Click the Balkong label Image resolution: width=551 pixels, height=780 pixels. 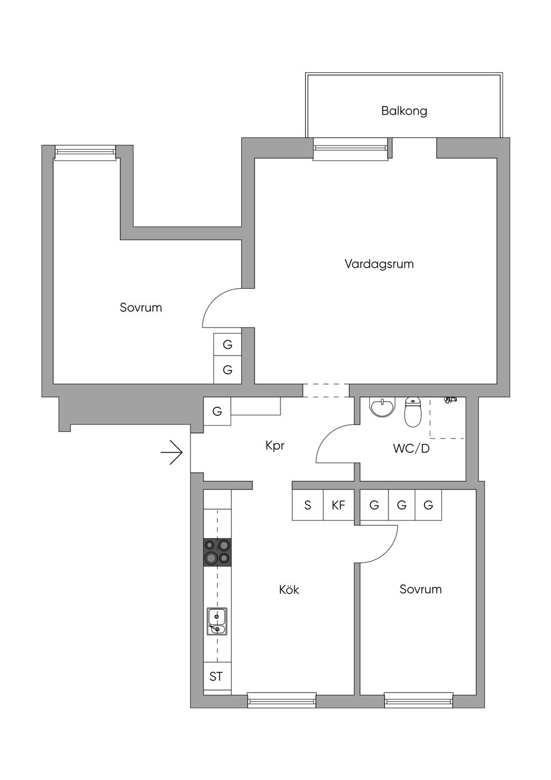click(x=404, y=111)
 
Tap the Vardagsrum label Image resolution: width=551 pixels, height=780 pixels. click(x=379, y=264)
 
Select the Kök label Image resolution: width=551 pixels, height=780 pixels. click(x=289, y=589)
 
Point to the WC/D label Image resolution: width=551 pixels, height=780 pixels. click(x=411, y=449)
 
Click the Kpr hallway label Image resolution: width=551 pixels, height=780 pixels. click(x=275, y=445)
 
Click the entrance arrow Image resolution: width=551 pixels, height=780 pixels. click(x=172, y=452)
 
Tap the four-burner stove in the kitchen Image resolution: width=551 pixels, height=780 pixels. click(x=217, y=553)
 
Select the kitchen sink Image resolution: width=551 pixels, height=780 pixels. click(x=217, y=622)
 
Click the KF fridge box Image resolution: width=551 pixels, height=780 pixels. click(x=338, y=505)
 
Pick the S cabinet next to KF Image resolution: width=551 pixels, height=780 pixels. click(x=307, y=505)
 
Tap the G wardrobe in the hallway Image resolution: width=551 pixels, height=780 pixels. click(x=217, y=411)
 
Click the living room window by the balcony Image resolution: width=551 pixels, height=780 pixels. click(x=350, y=149)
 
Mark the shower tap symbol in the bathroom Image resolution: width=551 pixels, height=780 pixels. click(x=450, y=400)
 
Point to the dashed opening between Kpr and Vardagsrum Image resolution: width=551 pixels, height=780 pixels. click(x=326, y=391)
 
